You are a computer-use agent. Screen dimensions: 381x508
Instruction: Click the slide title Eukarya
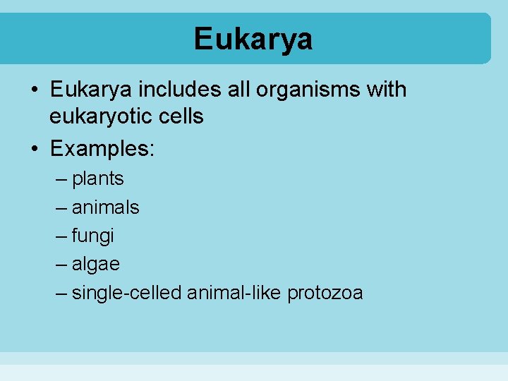[x=253, y=39]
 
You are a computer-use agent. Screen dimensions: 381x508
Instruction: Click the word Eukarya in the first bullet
[x=91, y=90]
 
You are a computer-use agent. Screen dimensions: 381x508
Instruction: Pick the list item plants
[x=97, y=179]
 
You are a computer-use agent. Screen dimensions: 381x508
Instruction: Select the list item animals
[x=105, y=207]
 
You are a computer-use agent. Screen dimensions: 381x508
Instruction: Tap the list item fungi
[x=92, y=236]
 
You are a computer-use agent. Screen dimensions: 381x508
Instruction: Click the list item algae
[x=95, y=265]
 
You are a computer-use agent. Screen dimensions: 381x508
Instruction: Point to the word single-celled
[x=126, y=293]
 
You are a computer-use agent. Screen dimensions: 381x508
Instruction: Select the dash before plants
[x=61, y=179]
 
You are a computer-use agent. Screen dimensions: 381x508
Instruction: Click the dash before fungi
[x=61, y=236]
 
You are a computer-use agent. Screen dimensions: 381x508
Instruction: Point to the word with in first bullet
[x=387, y=90]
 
